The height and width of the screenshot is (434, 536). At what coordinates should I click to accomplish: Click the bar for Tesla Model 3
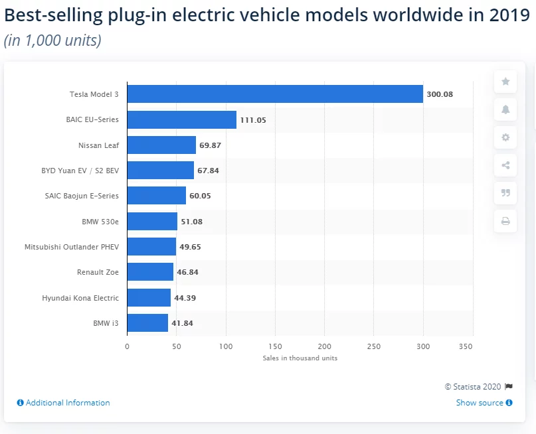pos(275,94)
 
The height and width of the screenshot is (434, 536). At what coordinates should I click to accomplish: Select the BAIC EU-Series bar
pos(181,119)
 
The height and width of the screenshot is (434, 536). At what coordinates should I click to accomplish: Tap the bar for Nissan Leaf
pos(161,145)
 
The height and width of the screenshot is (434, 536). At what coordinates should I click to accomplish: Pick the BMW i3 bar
pos(147,323)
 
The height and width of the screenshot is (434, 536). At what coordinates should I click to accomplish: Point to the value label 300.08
pos(440,94)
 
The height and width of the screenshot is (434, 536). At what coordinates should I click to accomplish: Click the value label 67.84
pos(208,171)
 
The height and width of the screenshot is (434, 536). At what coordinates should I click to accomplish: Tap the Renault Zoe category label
pos(98,272)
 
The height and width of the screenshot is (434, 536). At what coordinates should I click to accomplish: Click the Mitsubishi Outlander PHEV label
pos(72,247)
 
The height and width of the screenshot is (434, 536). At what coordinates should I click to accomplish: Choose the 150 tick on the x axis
pos(275,346)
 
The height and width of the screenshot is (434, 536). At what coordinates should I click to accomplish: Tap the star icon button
pos(505,82)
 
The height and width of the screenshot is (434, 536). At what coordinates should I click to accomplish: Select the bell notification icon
pos(505,109)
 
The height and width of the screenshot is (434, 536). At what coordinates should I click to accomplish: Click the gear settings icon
pos(505,137)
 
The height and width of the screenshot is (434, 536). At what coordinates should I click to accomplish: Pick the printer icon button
pos(505,221)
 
